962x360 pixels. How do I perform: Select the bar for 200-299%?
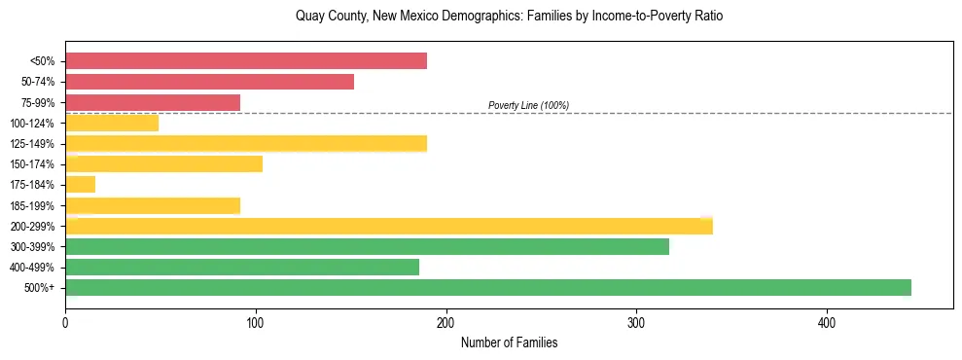tap(389, 226)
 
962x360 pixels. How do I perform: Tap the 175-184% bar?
tap(81, 184)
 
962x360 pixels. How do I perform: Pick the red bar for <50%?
tap(246, 61)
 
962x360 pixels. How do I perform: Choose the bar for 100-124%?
tap(112, 123)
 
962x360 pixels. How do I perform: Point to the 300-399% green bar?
tap(368, 246)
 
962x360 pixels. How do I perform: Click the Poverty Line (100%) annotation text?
tap(528, 105)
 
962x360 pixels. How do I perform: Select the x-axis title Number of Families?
tap(509, 343)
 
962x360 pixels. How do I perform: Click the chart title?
tap(509, 17)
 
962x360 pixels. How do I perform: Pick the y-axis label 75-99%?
tap(38, 102)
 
